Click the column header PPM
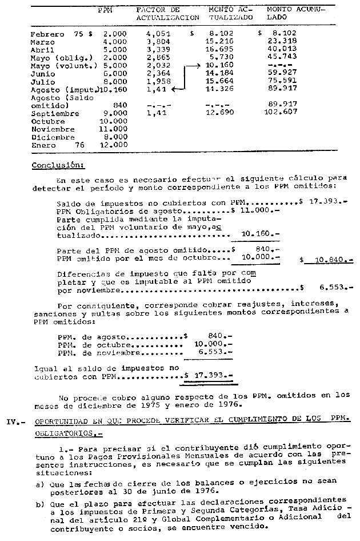[105, 10]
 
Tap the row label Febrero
[47, 34]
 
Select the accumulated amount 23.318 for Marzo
[281, 42]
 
